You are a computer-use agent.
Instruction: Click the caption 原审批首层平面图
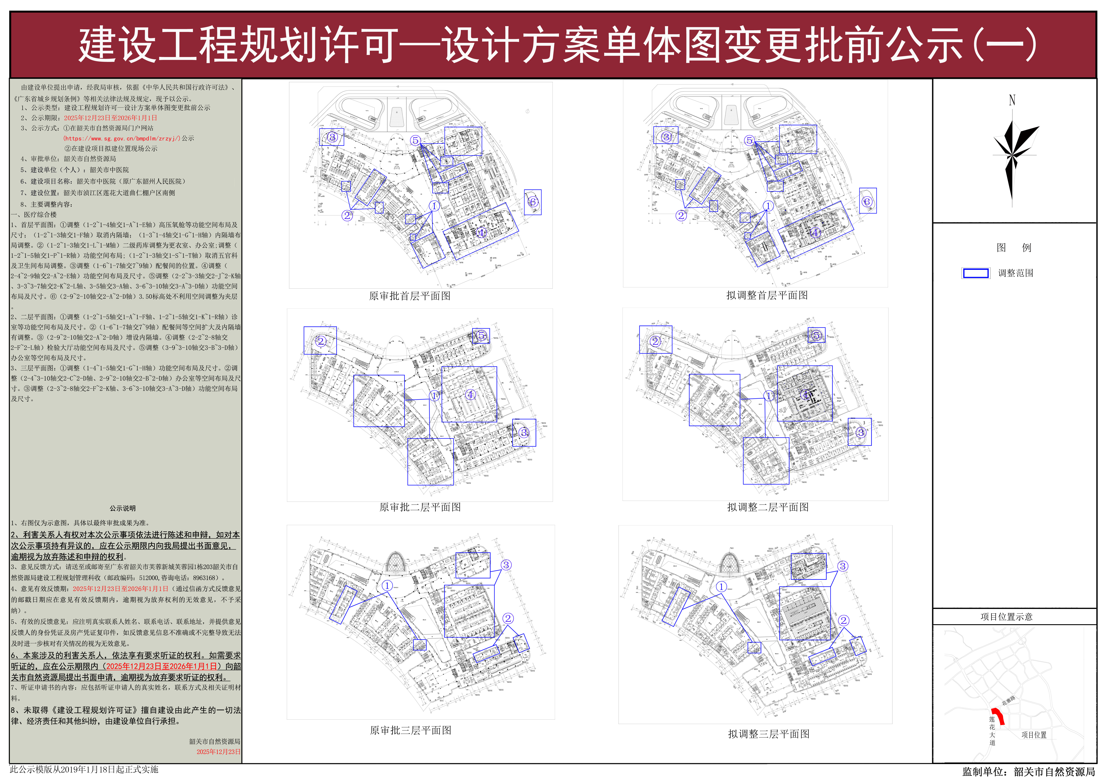(x=409, y=296)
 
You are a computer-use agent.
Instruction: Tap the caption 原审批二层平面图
(x=420, y=507)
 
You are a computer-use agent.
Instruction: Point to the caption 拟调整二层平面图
(x=767, y=507)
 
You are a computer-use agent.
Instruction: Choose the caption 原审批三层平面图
(x=411, y=730)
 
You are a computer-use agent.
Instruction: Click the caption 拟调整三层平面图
(x=768, y=734)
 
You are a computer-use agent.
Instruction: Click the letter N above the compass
(x=1012, y=100)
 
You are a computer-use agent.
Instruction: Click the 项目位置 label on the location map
(x=1034, y=735)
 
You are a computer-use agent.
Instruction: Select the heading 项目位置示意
(x=1006, y=617)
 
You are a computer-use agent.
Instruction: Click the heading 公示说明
(x=123, y=508)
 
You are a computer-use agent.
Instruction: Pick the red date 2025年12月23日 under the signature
(x=218, y=752)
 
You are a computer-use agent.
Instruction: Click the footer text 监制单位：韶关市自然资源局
(x=1028, y=772)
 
